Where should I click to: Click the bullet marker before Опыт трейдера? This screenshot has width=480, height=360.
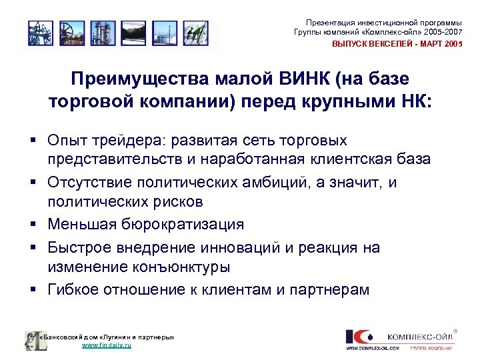click(31, 141)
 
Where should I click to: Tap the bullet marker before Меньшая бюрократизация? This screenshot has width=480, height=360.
click(31, 225)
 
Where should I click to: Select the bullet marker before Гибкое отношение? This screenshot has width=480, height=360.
click(31, 290)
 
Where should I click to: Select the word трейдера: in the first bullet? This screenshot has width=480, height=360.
click(131, 141)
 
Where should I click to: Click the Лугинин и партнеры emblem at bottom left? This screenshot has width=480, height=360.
click(31, 341)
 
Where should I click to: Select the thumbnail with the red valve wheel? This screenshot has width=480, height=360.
click(69, 33)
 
